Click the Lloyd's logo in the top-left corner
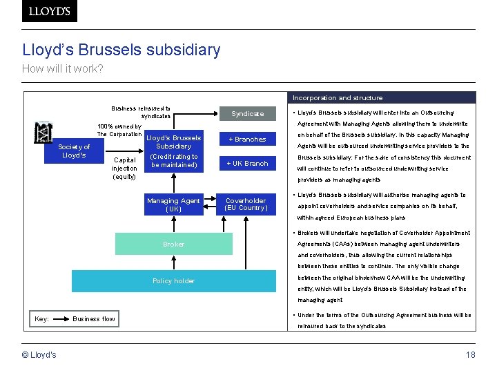[x=50, y=11]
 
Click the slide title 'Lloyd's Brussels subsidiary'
[x=121, y=50]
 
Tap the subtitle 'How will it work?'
[x=62, y=68]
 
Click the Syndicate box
[x=247, y=113]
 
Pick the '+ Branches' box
[x=247, y=139]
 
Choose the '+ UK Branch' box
[x=247, y=164]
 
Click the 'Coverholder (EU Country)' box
[x=246, y=204]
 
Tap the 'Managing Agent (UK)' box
[x=173, y=204]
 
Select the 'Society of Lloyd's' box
[x=74, y=151]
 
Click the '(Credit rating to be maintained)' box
[x=174, y=161]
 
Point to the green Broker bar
[x=173, y=244]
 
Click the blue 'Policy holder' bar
[x=173, y=280]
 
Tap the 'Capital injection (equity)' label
[x=125, y=169]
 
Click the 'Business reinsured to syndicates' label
[x=141, y=112]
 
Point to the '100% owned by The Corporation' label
[x=119, y=130]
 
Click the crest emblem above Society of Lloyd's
[x=43, y=131]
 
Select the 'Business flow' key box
[x=94, y=318]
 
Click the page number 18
[x=470, y=355]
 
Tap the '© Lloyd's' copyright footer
[x=40, y=355]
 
